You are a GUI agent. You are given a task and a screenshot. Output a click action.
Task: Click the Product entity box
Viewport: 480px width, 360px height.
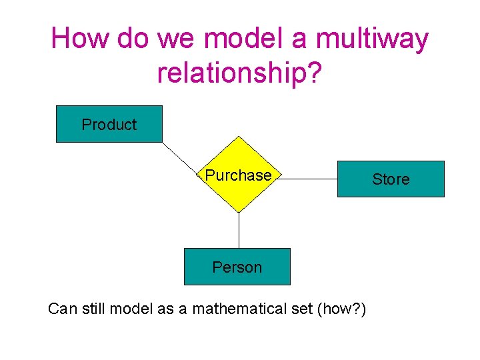point(109,124)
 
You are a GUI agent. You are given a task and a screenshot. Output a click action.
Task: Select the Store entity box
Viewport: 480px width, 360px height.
point(391,179)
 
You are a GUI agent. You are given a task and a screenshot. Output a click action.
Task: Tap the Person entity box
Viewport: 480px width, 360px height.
point(237,267)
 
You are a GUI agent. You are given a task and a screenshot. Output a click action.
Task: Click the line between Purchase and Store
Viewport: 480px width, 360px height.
point(308,179)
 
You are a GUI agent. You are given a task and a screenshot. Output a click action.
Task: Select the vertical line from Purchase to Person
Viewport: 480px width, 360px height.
point(239,230)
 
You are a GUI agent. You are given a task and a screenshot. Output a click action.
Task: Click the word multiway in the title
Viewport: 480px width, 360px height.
point(371,39)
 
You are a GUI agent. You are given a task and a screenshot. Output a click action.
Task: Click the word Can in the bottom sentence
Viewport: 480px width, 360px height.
point(63,309)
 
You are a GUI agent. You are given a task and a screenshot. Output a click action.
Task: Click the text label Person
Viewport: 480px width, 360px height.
point(237,267)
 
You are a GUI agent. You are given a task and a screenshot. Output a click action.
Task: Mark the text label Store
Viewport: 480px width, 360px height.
point(391,179)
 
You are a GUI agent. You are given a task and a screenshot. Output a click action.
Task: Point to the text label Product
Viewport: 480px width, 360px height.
point(109,124)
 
